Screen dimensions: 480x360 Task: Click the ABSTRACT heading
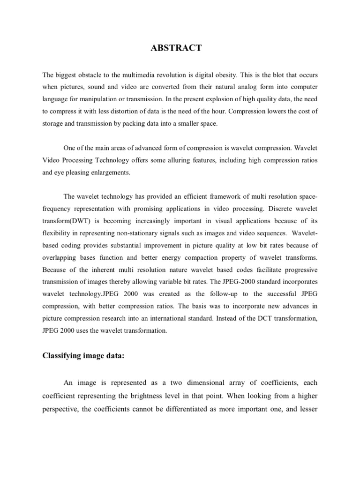180,48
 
